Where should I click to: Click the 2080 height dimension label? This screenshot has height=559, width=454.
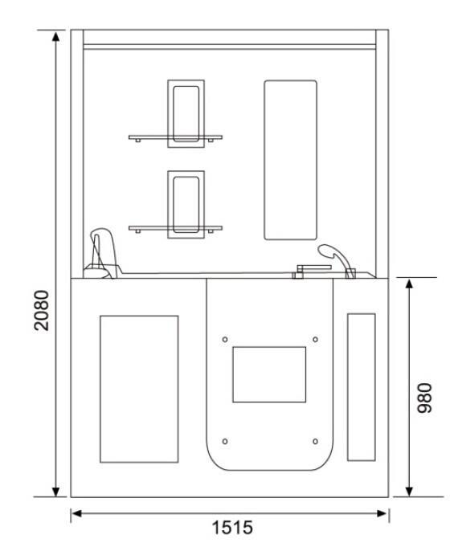click(x=42, y=310)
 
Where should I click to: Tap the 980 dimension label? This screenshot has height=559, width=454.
click(x=425, y=398)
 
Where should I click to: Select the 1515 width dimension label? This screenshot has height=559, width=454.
click(x=232, y=527)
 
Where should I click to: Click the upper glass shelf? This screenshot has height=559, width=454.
click(x=175, y=137)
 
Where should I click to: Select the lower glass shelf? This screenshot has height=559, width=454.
click(x=175, y=228)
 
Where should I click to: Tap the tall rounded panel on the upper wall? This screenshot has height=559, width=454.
click(x=290, y=160)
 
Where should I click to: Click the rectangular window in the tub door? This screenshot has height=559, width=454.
click(x=269, y=374)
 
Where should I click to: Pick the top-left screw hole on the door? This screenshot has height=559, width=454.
click(x=225, y=340)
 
